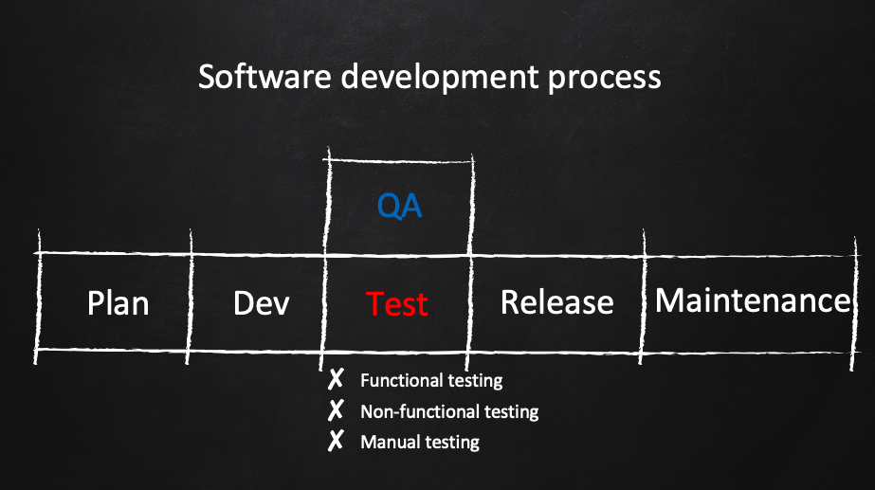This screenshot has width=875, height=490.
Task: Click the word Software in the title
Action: (264, 77)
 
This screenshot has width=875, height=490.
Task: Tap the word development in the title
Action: (440, 78)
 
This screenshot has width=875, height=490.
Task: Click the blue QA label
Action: (399, 206)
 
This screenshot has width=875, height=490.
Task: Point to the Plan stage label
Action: (118, 303)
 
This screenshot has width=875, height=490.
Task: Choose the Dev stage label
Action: (261, 303)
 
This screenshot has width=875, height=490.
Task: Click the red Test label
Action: (397, 304)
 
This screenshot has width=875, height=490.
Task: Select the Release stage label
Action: (556, 302)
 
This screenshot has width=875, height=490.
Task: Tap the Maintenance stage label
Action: (753, 300)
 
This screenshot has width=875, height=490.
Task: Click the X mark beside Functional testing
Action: (336, 379)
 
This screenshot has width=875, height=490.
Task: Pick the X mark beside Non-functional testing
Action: (336, 410)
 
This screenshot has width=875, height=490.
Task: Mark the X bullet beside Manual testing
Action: (336, 441)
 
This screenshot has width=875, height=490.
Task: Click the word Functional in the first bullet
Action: (395, 381)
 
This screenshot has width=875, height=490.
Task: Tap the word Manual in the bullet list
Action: (389, 442)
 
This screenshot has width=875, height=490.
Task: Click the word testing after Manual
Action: (451, 444)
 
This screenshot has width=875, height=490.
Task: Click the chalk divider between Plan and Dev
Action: (190, 297)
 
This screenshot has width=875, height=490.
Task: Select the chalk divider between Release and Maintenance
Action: (643, 297)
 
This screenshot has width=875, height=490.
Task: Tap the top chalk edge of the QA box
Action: (399, 161)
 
